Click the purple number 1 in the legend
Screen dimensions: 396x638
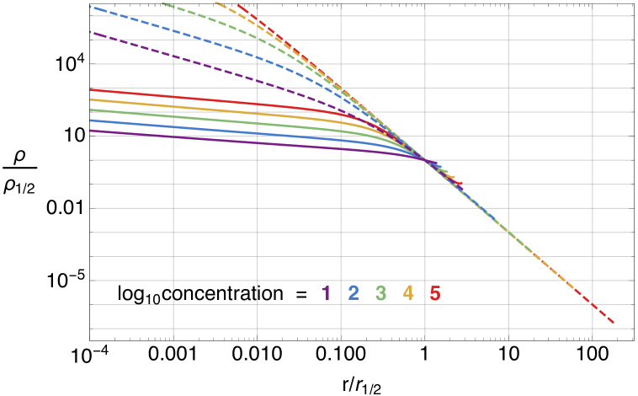click(326, 293)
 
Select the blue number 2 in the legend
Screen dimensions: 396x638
click(354, 293)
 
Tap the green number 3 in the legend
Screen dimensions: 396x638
click(381, 293)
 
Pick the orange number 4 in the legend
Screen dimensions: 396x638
click(408, 293)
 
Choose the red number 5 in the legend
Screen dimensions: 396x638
click(435, 293)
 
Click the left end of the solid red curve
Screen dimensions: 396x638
click(90, 89)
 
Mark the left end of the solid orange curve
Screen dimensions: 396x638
click(90, 99)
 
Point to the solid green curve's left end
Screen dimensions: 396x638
click(90, 110)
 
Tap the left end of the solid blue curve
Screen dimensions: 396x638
click(90, 120)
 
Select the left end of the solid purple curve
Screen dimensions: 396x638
click(90, 131)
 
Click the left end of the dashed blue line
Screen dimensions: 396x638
click(90, 7)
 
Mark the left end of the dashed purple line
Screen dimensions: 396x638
click(90, 32)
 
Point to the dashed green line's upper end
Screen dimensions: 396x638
click(162, 3)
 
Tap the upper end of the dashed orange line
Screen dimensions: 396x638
click(215, 2)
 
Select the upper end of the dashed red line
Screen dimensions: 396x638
click(238, 5)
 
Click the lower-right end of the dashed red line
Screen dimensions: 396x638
click(614, 323)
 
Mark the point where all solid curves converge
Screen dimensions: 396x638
click(426, 160)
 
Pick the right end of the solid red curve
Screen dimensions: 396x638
click(461, 185)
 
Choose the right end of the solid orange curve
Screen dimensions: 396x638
click(455, 179)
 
